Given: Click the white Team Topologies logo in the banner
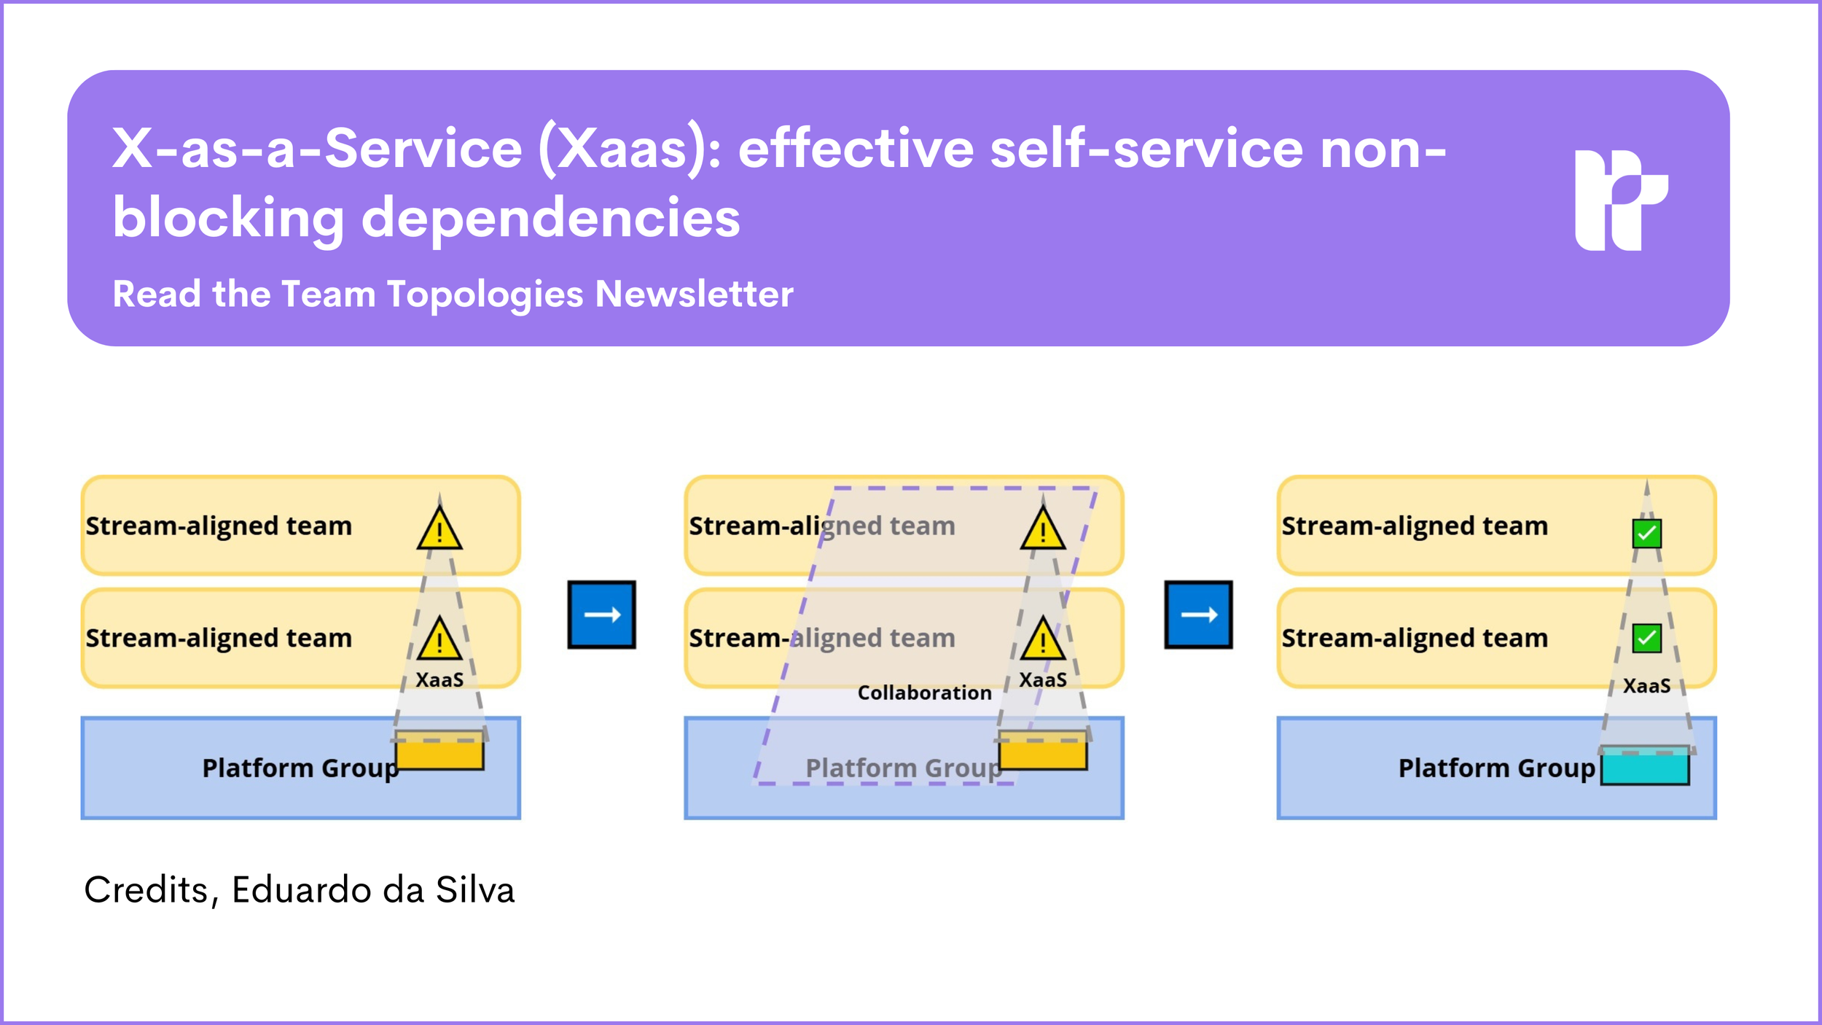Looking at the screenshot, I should click(x=1621, y=200).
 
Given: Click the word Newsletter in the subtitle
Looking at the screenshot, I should click(x=694, y=295).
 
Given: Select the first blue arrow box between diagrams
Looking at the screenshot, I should click(x=601, y=615).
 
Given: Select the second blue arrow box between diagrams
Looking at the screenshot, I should click(x=1198, y=615).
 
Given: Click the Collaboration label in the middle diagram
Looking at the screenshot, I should click(x=924, y=693).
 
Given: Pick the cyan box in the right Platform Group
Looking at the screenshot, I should click(x=1645, y=767).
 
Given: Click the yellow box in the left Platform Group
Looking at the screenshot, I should click(x=439, y=752).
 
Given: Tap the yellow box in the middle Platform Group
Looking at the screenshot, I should click(x=1043, y=752).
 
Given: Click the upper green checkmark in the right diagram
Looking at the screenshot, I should click(x=1646, y=534).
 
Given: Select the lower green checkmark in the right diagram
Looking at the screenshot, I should click(x=1646, y=639).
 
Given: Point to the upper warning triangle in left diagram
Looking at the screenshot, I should click(x=439, y=530).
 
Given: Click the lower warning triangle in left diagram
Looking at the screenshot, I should click(x=439, y=639).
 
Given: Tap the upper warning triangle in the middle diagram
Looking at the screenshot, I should click(x=1043, y=530).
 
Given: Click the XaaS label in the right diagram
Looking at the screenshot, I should click(x=1646, y=686).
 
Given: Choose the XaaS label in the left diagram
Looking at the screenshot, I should click(x=439, y=680).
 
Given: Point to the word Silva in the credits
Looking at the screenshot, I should click(x=475, y=890).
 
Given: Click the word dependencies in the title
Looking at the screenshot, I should click(x=550, y=218).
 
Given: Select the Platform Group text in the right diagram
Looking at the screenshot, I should click(x=1496, y=768).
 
